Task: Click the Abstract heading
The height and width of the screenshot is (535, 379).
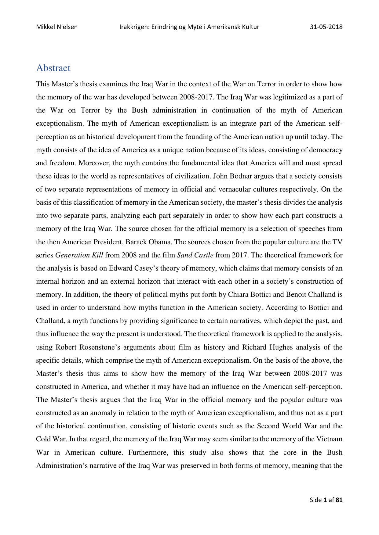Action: [53, 68]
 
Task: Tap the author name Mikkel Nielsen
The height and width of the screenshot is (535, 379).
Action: [57, 27]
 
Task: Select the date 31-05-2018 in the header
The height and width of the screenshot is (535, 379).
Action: [326, 27]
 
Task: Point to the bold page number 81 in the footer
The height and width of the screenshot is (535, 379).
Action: [339, 500]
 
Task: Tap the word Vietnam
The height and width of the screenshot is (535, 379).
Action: [330, 439]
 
